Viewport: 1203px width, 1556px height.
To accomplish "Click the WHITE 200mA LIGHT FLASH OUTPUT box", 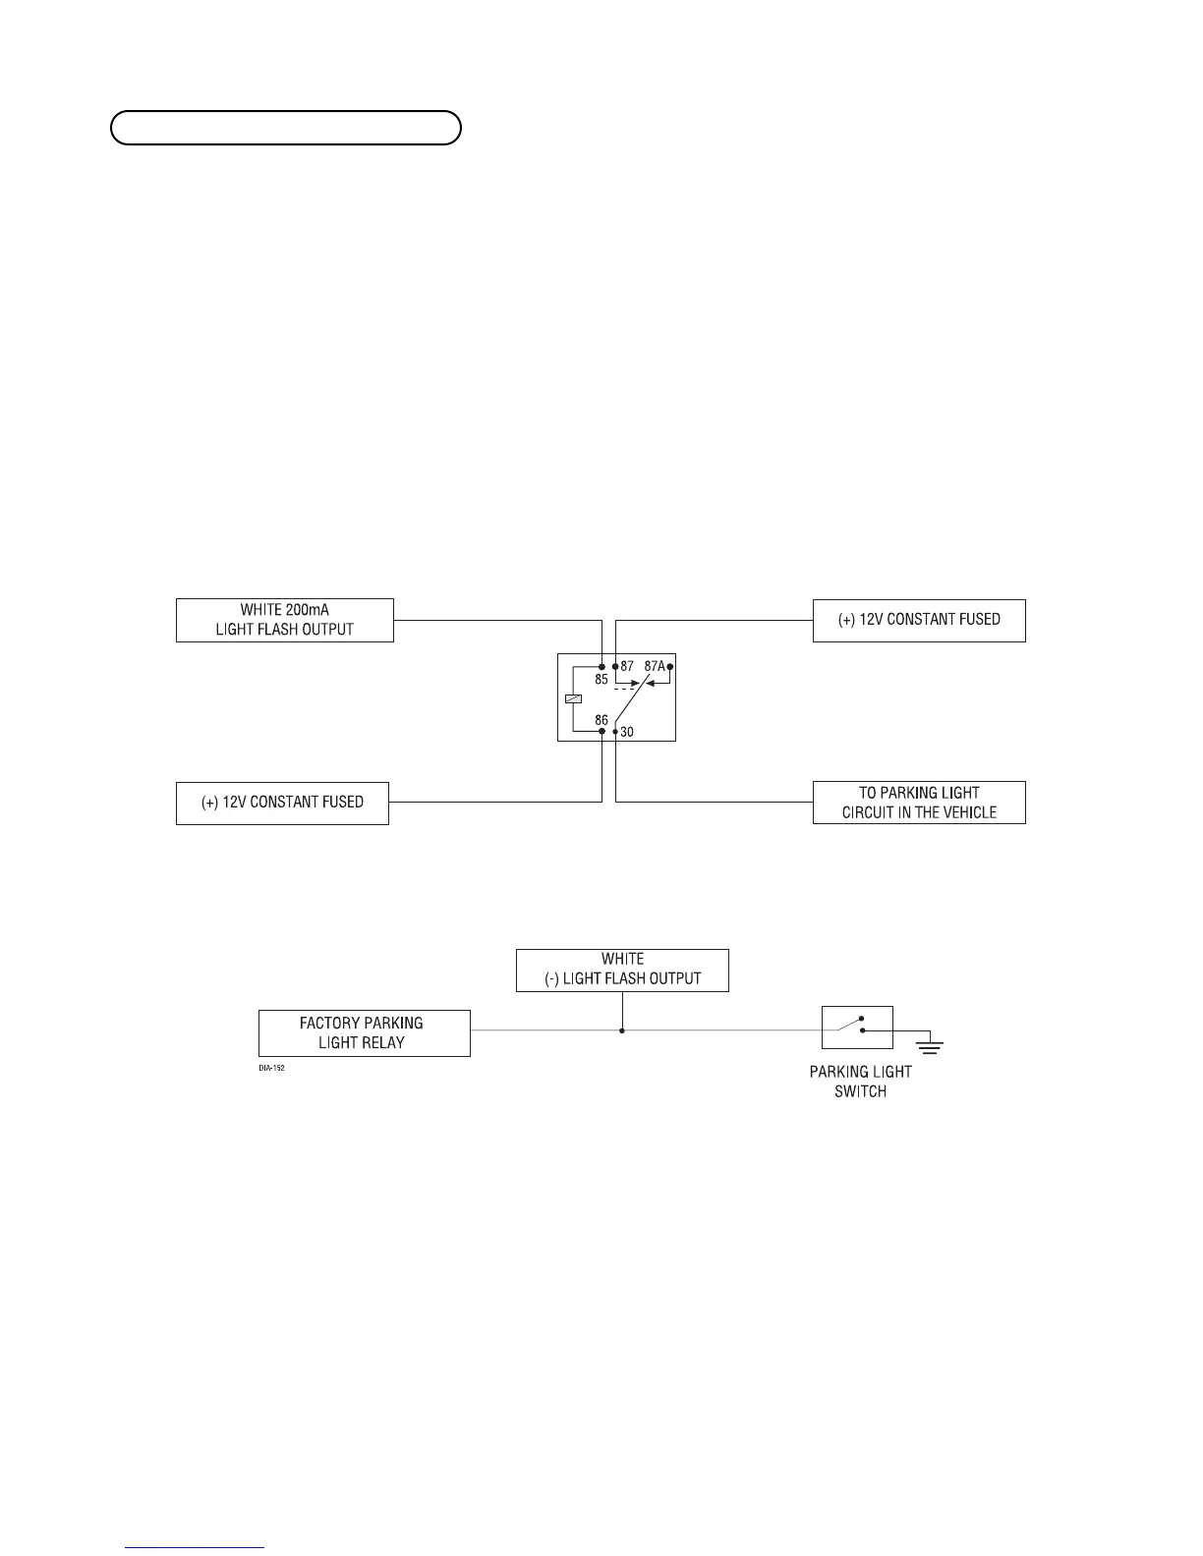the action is click(284, 620).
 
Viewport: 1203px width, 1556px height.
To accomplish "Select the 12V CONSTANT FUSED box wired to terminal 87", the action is click(919, 620).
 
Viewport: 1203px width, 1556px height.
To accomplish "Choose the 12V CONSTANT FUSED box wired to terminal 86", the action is click(282, 803).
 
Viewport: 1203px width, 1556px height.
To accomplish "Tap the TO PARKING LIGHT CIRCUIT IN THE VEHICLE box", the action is click(919, 803).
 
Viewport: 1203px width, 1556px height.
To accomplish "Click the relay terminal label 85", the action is click(601, 679).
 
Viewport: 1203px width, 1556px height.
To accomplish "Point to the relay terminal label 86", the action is click(601, 720).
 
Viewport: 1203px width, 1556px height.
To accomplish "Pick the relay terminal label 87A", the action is click(654, 666).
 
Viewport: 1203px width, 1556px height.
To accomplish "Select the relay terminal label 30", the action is click(627, 732).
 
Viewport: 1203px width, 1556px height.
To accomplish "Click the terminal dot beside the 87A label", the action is click(670, 666).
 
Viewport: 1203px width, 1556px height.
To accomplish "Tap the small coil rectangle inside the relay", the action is click(573, 698).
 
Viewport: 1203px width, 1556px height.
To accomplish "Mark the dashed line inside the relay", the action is click(625, 689).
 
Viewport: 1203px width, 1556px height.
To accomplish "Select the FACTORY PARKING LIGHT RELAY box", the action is click(364, 1033).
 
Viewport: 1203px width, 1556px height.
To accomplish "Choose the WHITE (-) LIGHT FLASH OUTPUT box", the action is click(622, 970).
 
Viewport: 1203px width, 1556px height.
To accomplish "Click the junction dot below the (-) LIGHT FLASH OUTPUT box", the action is click(622, 1030).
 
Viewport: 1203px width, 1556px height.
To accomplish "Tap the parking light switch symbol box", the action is click(857, 1028).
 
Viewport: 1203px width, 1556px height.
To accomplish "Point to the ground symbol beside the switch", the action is click(928, 1045).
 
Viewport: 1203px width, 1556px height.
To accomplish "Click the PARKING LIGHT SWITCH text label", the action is click(860, 1082).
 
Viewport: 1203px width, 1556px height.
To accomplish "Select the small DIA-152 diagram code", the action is click(272, 1068).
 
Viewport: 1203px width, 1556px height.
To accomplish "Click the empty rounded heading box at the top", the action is click(285, 128).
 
